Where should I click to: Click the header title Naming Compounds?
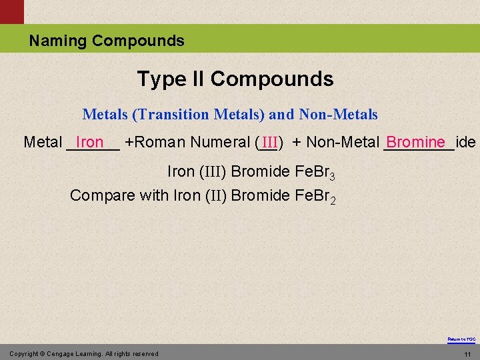click(106, 41)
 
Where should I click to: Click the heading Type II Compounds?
click(235, 79)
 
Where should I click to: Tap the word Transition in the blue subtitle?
click(172, 115)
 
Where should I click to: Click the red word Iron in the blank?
click(90, 142)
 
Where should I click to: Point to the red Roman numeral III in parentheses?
click(269, 143)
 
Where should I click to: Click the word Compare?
click(102, 196)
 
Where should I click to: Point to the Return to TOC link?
click(461, 339)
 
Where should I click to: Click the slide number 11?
click(467, 354)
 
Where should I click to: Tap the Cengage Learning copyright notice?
click(84, 353)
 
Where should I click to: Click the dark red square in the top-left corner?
click(11, 11)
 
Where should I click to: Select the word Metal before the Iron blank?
click(43, 142)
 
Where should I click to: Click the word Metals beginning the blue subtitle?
click(105, 115)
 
